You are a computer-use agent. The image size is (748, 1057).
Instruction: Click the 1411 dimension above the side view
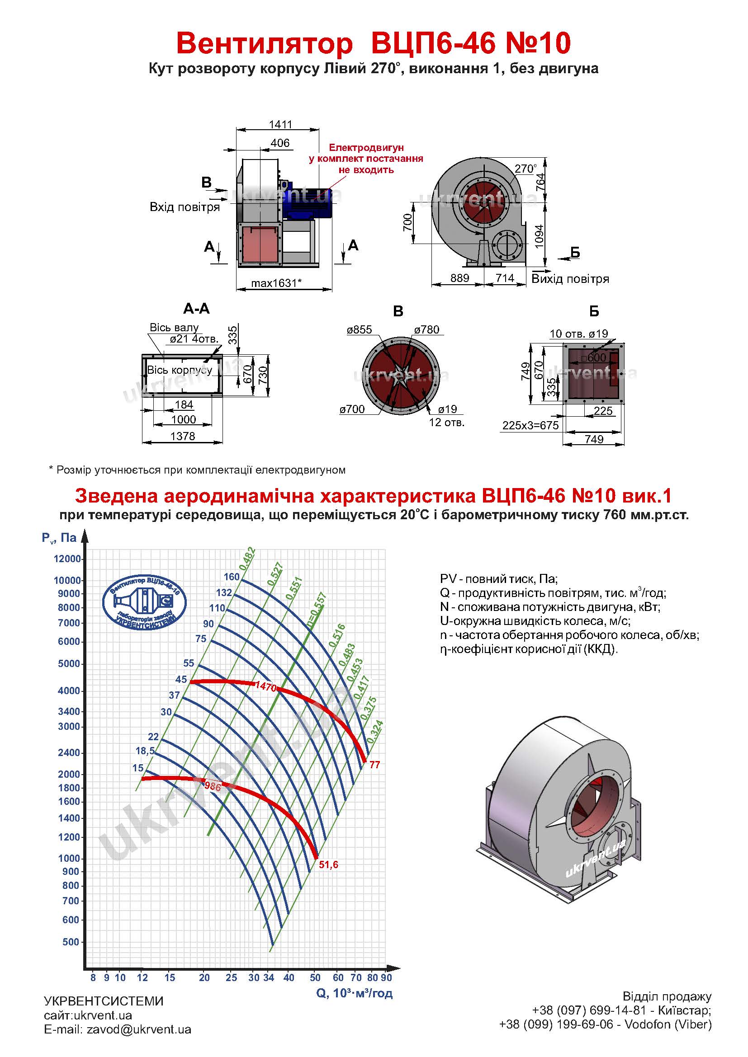(x=280, y=124)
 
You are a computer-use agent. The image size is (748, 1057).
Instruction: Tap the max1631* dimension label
(x=276, y=283)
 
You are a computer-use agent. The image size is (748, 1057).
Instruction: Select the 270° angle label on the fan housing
(x=525, y=169)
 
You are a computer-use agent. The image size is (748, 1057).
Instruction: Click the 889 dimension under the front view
(x=459, y=278)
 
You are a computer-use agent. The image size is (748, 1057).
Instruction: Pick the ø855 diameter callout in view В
(x=359, y=329)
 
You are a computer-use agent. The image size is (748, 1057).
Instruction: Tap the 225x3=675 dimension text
(x=530, y=425)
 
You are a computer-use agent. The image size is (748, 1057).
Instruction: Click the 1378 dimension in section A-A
(x=183, y=436)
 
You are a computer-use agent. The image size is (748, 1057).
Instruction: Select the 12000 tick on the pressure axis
(x=67, y=559)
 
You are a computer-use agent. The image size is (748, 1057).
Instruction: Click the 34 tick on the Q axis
(x=269, y=977)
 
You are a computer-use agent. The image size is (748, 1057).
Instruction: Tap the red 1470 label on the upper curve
(x=266, y=686)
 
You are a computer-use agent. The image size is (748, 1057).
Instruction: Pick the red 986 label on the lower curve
(x=213, y=786)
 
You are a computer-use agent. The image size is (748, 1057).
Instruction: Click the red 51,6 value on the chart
(x=328, y=864)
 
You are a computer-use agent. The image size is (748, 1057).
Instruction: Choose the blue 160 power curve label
(x=232, y=577)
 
